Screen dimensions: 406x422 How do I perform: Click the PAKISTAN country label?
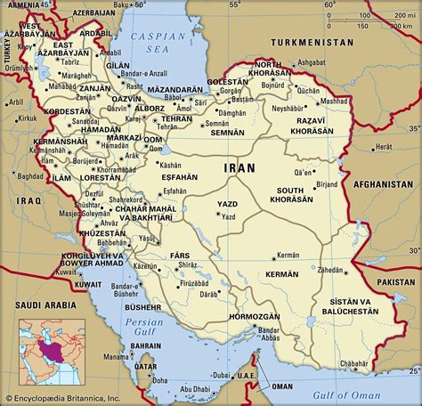(395, 280)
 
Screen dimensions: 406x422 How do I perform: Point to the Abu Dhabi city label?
(196, 388)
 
